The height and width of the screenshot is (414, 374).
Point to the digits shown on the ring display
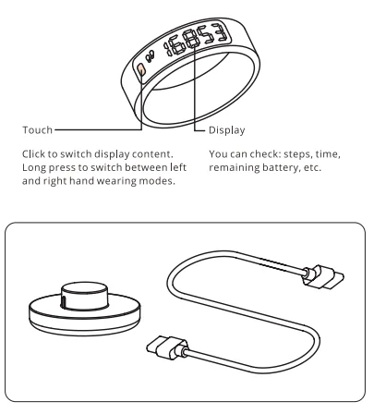pos(198,50)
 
